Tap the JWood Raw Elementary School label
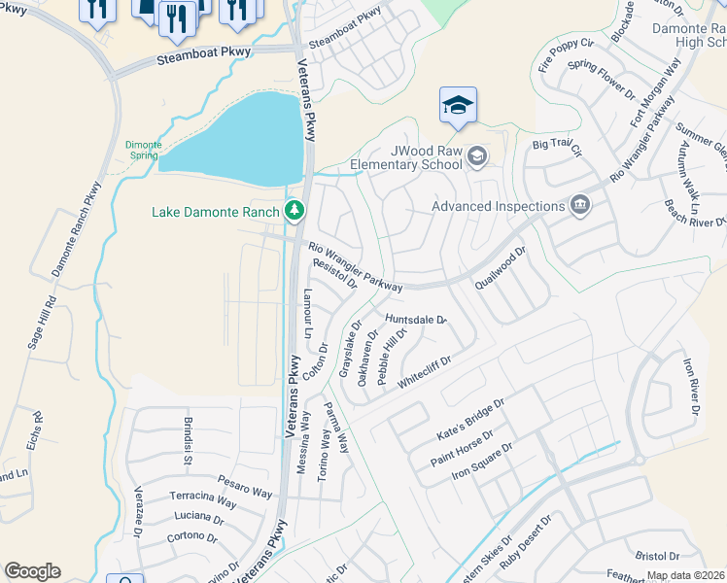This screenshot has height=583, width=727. [x=427, y=157]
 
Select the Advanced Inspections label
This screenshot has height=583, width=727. [x=498, y=206]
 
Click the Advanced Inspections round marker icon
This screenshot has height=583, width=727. [x=580, y=205]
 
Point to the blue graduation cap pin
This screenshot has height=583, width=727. [x=458, y=106]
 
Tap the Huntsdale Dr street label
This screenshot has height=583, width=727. [x=415, y=320]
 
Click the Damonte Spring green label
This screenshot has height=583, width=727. [x=143, y=151]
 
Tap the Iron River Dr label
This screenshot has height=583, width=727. [x=690, y=388]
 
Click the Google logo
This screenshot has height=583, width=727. [x=32, y=571]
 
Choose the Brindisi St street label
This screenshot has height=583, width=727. [x=188, y=438]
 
